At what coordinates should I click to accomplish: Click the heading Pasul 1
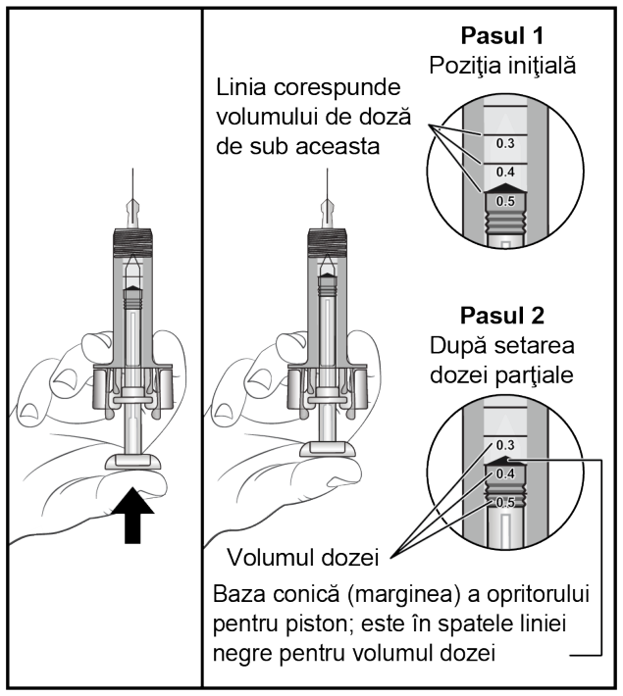tap(502, 36)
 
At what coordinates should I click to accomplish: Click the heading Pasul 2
tap(502, 316)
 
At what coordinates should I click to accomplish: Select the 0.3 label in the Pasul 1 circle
tap(505, 143)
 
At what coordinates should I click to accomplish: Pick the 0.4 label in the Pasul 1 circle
tap(505, 172)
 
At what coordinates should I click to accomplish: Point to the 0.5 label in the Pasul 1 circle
tap(505, 202)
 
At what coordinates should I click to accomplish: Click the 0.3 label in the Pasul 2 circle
tap(505, 445)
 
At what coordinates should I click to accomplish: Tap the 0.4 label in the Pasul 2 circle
tap(505, 474)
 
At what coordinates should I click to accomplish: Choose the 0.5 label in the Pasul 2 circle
tap(505, 503)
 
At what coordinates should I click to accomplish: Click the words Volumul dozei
tap(303, 558)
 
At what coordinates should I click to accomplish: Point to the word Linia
tap(241, 87)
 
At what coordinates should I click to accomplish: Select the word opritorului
tap(538, 595)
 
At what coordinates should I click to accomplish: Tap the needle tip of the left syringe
tap(132, 170)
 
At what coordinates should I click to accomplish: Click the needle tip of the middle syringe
tap(328, 170)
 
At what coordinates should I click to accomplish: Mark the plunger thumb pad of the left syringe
tap(132, 462)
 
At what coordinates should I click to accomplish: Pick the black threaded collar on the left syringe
tap(132, 243)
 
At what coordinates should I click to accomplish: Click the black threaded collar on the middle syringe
tap(328, 243)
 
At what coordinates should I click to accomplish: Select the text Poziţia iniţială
tap(502, 67)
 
